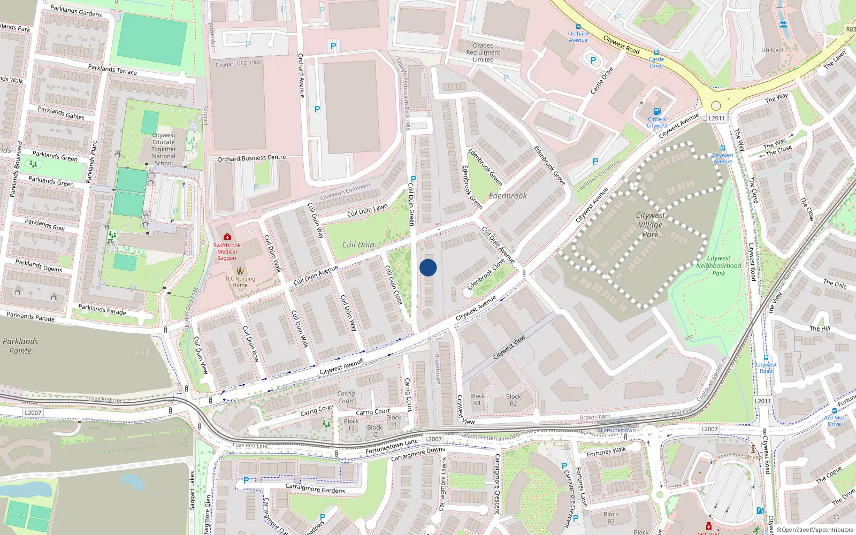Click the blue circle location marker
coord(428,267)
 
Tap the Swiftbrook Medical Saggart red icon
coord(227,236)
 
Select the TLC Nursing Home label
coord(240,282)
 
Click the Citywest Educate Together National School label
coord(164,149)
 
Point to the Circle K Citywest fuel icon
coord(657,112)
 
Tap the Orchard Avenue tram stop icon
coord(578,27)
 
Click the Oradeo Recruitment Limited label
coord(483,52)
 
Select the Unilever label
coord(773,50)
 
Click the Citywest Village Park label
coord(651,225)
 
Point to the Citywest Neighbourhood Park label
coord(719,265)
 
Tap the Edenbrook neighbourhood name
coord(508,196)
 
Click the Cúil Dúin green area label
coord(358,244)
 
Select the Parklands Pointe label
coord(20,346)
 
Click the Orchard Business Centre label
coord(251,158)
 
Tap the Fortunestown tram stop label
coord(618,430)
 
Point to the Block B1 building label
coord(477,400)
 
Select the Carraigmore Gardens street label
coord(315,488)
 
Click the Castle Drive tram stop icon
coord(656,53)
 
